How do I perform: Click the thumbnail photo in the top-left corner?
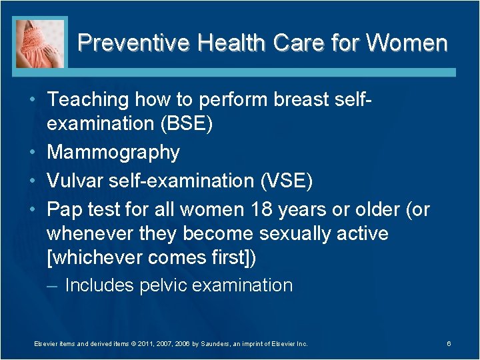click(x=39, y=42)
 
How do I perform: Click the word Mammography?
click(x=113, y=153)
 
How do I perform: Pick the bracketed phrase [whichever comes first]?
click(x=151, y=258)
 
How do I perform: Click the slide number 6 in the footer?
click(x=449, y=344)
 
